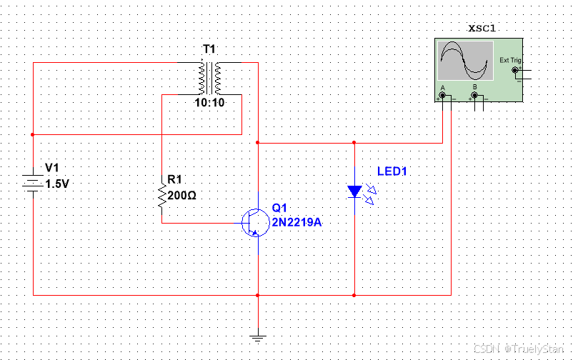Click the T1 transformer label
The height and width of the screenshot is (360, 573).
pos(209,49)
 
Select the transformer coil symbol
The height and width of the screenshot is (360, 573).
pos(209,78)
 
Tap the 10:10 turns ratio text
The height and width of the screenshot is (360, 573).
pos(209,103)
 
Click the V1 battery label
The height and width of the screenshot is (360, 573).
pos(52,168)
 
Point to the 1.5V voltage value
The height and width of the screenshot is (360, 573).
pos(58,184)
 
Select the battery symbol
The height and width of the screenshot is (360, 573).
pos(32,181)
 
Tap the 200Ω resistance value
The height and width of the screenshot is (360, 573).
pos(181,194)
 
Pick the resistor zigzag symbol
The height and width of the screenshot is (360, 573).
pos(162,195)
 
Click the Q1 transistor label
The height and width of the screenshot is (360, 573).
pos(279,208)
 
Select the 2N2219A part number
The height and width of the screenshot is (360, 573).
pos(297,222)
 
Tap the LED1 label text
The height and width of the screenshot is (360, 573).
pos(392,171)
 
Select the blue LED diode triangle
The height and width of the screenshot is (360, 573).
pos(354,191)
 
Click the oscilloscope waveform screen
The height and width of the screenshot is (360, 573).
pos(466,61)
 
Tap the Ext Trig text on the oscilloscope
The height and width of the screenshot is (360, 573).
pos(510,60)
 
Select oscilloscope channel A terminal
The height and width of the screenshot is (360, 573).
pos(443,94)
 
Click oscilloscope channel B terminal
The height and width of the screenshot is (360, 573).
pos(474,94)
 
